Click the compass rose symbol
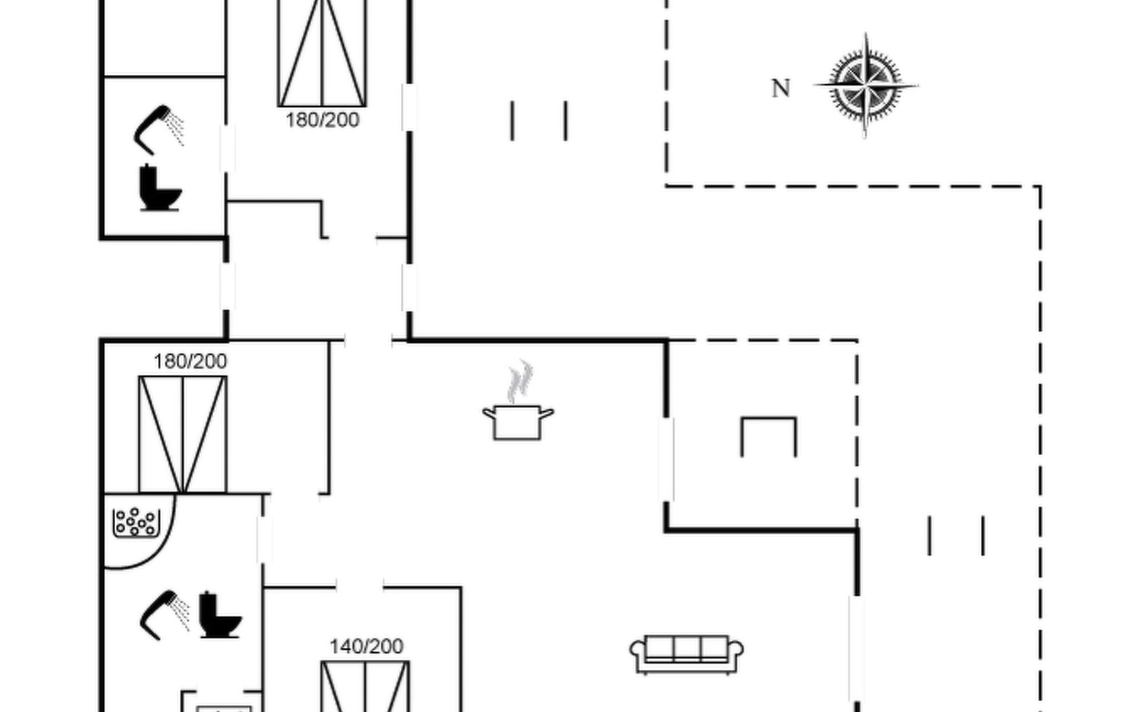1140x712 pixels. [866, 86]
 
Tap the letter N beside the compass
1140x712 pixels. [781, 88]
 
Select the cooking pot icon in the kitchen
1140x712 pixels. [518, 421]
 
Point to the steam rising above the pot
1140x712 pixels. [520, 381]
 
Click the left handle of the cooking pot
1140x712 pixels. [489, 412]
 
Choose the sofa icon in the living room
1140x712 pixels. [686, 654]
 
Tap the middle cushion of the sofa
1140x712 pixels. [687, 648]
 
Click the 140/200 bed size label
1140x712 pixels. [366, 646]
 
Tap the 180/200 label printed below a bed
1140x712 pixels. [322, 120]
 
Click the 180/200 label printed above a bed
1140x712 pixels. [190, 361]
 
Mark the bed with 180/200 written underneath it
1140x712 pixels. [322, 53]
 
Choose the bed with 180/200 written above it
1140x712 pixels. [183, 434]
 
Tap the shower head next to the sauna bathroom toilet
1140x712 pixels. [163, 614]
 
